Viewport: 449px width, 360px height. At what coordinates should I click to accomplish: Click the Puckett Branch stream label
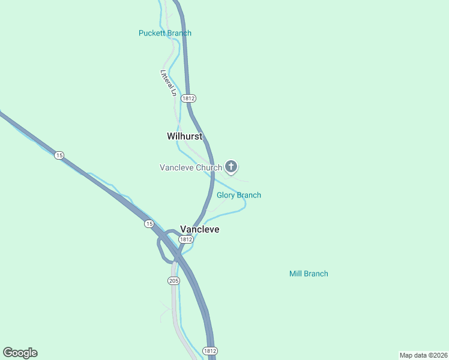click(165, 33)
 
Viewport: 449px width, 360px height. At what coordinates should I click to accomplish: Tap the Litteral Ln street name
click(167, 83)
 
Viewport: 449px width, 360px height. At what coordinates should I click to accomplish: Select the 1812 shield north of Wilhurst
click(188, 98)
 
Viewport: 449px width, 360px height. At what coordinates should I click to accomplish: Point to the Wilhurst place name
click(184, 136)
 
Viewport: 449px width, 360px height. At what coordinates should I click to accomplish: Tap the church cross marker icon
click(231, 167)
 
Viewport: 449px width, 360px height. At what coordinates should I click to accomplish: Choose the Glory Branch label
click(239, 195)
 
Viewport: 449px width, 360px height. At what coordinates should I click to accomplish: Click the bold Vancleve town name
click(200, 229)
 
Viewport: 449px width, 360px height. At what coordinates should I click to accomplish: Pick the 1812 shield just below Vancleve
click(186, 239)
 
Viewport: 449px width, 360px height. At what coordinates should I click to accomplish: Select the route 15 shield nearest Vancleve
click(149, 224)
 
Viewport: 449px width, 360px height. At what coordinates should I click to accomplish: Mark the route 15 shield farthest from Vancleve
click(59, 155)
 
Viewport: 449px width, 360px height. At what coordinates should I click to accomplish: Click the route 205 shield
click(173, 280)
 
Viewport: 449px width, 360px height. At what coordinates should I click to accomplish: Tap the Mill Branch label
click(309, 274)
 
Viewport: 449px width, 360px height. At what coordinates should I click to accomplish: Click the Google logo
click(20, 353)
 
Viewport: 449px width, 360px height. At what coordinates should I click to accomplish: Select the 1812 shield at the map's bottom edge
click(209, 350)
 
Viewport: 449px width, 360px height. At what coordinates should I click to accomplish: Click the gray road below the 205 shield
click(175, 312)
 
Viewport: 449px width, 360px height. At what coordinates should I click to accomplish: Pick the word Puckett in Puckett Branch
click(152, 33)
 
